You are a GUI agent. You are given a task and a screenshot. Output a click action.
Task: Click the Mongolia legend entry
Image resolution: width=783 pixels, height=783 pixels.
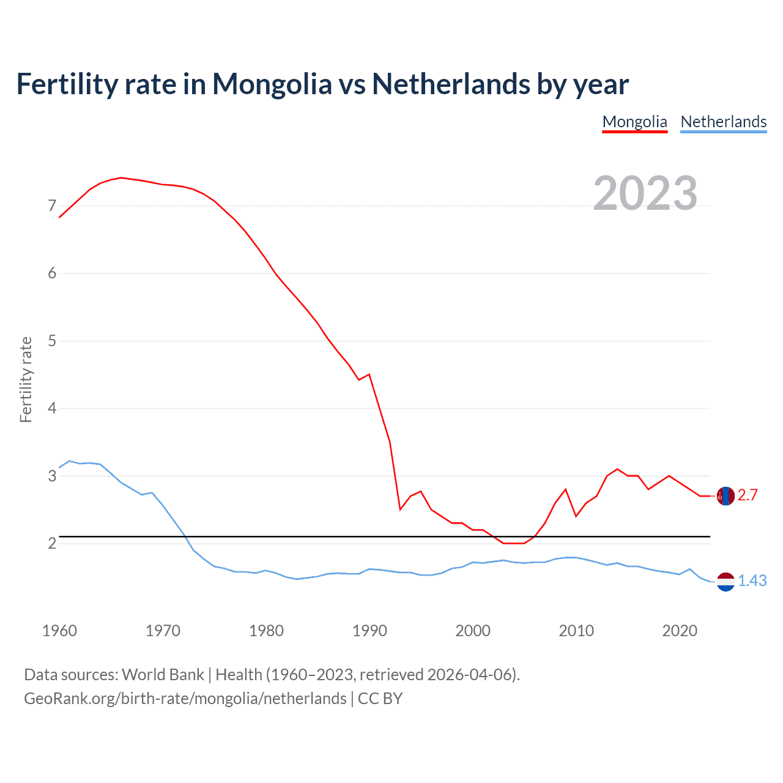click(x=634, y=122)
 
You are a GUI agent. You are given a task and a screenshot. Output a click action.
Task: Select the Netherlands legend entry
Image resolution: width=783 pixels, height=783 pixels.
click(x=723, y=122)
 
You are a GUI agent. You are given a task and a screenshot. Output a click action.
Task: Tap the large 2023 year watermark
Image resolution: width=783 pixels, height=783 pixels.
click(x=645, y=193)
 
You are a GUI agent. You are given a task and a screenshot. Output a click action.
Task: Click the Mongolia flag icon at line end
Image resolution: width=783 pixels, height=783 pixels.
click(x=725, y=496)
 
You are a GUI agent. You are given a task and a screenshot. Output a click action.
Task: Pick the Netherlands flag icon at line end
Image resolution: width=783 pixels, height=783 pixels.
click(x=725, y=582)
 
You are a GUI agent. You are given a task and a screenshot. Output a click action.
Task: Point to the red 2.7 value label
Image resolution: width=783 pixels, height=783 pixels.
click(x=748, y=495)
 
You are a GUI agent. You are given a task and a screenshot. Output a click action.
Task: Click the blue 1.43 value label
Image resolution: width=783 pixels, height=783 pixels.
click(x=752, y=581)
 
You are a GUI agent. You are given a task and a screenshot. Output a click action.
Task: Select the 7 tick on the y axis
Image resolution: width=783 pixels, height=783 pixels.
click(x=52, y=206)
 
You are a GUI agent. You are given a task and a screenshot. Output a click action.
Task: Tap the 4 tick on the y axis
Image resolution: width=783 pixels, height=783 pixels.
click(x=52, y=408)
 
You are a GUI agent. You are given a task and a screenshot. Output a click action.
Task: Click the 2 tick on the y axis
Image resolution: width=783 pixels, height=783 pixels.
click(x=52, y=543)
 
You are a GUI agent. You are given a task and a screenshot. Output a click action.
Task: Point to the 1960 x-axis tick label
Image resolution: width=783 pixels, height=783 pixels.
click(x=59, y=631)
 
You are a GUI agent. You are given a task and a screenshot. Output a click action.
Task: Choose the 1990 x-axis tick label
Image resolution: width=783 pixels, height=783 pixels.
click(x=369, y=631)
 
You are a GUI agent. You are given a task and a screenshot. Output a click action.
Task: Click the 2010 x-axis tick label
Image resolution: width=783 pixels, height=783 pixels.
click(x=576, y=631)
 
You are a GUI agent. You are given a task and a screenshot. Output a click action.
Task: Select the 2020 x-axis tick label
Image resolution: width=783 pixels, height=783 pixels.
click(x=680, y=631)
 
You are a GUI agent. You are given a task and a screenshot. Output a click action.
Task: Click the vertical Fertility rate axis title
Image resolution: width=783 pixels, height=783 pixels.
click(x=26, y=379)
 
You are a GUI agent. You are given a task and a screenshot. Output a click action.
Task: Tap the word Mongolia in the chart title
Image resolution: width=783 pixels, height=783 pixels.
click(x=272, y=84)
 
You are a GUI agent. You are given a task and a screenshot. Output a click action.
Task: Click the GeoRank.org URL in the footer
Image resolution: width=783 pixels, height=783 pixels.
click(x=185, y=699)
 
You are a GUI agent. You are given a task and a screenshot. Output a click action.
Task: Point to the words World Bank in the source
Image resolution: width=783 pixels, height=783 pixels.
click(x=163, y=675)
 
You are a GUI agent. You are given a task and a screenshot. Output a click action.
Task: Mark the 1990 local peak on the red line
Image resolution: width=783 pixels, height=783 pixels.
click(x=369, y=374)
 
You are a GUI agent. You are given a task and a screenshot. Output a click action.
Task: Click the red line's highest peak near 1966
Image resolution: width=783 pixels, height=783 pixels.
click(x=121, y=177)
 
